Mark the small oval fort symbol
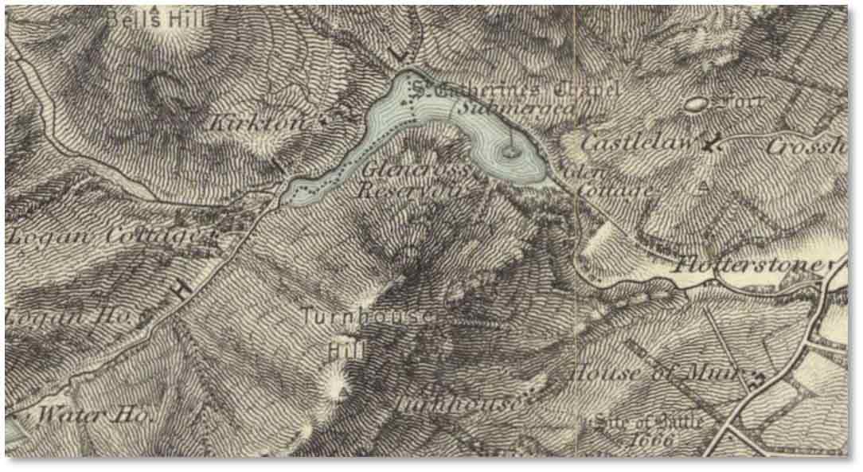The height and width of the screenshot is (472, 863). click(695, 103)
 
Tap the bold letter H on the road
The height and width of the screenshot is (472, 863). click(182, 291)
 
